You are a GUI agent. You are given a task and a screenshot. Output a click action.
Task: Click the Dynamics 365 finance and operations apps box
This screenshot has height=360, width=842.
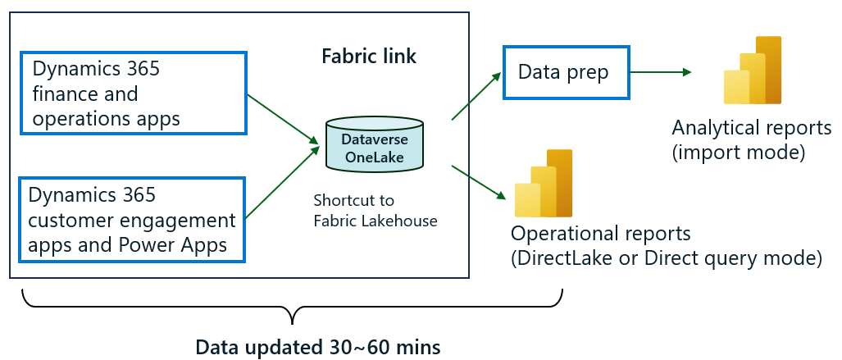132,94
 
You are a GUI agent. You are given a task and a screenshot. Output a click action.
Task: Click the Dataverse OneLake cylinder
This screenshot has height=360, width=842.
374,145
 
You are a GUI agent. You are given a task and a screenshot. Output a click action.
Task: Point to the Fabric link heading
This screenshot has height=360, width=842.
368,57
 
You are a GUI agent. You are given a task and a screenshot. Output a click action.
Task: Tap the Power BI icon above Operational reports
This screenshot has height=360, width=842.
543,184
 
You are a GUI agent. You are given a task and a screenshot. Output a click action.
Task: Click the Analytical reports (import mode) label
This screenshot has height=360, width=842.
751,140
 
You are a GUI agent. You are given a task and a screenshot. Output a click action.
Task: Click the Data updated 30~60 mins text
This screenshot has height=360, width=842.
318,347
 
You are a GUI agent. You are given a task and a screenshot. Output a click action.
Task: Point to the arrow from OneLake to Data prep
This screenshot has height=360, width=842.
476,96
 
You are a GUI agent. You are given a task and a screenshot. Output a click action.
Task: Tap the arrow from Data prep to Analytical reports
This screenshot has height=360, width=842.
660,73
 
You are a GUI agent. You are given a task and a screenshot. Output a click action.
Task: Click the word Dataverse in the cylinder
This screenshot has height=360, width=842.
374,140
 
